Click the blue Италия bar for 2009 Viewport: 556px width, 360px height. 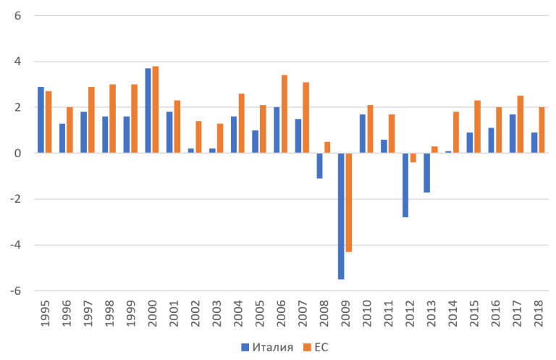point(341,216)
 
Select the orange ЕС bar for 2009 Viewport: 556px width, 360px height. point(348,202)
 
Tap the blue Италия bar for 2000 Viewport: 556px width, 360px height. point(148,111)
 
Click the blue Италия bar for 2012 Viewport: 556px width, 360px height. point(405,185)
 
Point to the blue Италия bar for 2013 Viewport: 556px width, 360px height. point(427,172)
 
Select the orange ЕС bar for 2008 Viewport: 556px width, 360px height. point(327,147)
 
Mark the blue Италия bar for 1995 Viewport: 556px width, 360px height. point(41,120)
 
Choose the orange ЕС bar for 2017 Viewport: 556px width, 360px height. point(520,124)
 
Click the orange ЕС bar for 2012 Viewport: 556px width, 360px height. point(413,157)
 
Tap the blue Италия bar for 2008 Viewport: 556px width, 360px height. point(319,165)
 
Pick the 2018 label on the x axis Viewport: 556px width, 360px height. point(537,314)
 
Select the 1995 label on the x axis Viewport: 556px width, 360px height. point(44,314)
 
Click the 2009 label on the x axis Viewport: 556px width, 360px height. point(345,314)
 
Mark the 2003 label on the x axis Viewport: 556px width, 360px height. point(216,314)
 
